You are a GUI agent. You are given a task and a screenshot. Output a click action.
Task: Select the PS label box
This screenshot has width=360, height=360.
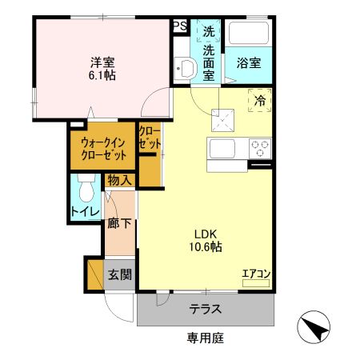pos(180,26)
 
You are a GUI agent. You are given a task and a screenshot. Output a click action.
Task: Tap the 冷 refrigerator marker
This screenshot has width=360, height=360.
pos(261,101)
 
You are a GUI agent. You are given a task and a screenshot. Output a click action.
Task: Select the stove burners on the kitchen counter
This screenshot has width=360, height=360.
pos(261,147)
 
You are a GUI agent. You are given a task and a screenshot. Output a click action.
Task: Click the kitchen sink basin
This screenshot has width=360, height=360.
pos(222,148)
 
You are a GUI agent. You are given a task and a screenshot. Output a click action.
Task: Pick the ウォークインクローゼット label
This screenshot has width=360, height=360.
pos(103,147)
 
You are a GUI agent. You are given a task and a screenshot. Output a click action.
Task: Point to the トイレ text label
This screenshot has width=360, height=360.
pos(85,211)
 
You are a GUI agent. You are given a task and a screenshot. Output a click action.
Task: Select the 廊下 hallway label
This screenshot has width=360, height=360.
pos(118,224)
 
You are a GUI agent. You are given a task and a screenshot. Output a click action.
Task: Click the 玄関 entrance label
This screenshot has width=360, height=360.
pos(119,275)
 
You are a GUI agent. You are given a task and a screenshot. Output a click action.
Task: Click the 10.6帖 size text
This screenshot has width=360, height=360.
pos(205,247)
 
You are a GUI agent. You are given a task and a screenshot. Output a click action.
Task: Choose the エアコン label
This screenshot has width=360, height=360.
pos(257,274)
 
